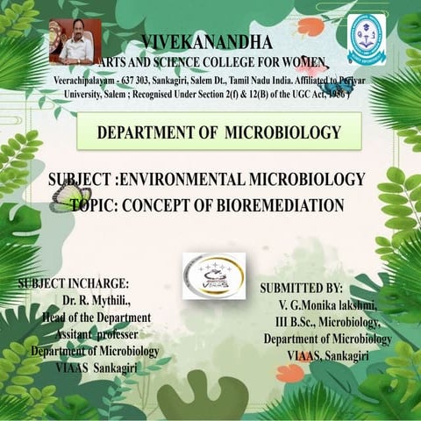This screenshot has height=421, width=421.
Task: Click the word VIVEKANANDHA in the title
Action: click(x=206, y=41)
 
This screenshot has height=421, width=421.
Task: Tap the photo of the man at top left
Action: click(x=75, y=40)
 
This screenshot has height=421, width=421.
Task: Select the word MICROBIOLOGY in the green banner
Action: click(x=282, y=133)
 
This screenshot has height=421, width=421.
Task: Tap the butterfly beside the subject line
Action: click(x=69, y=196)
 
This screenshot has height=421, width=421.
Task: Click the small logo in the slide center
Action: click(x=213, y=275)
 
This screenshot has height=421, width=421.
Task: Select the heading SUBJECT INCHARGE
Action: click(x=73, y=284)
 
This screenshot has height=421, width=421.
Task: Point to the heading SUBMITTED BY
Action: click(x=302, y=288)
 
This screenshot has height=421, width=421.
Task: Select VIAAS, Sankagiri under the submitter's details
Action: click(x=328, y=355)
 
